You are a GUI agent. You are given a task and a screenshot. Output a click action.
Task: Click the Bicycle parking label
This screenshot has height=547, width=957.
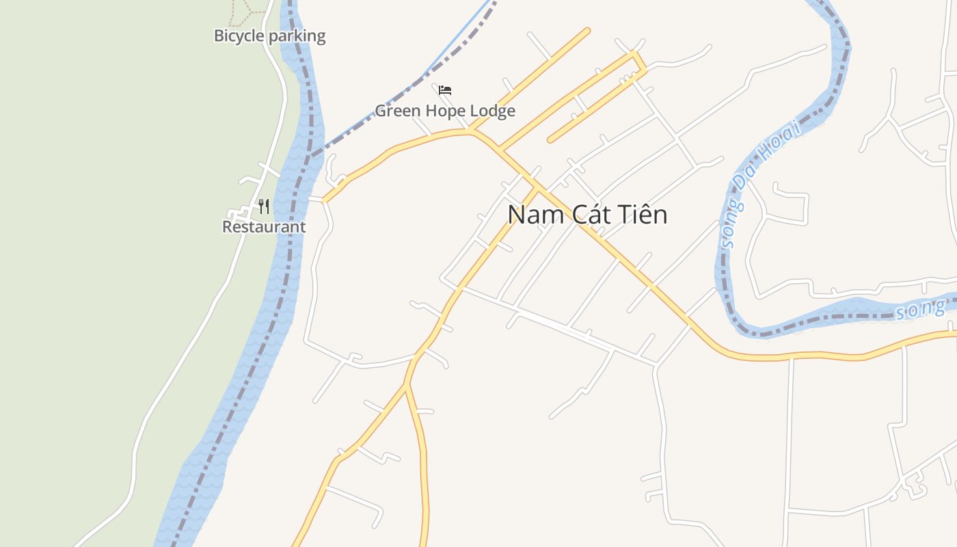pyautogui.click(x=269, y=36)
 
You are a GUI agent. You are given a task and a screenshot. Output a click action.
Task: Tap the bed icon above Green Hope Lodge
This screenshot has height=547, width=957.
pyautogui.click(x=445, y=90)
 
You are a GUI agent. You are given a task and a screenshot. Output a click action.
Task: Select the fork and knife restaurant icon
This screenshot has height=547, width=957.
pyautogui.click(x=264, y=206)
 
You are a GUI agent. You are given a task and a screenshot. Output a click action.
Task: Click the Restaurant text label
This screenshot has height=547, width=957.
pyautogui.click(x=264, y=226)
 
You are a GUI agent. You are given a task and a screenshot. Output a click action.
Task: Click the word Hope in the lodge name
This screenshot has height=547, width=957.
pyautogui.click(x=445, y=110)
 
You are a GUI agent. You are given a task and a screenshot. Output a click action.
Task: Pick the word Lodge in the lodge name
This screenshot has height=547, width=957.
pyautogui.click(x=491, y=110)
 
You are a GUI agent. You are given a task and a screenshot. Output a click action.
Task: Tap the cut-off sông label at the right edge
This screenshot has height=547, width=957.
pyautogui.click(x=920, y=310)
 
